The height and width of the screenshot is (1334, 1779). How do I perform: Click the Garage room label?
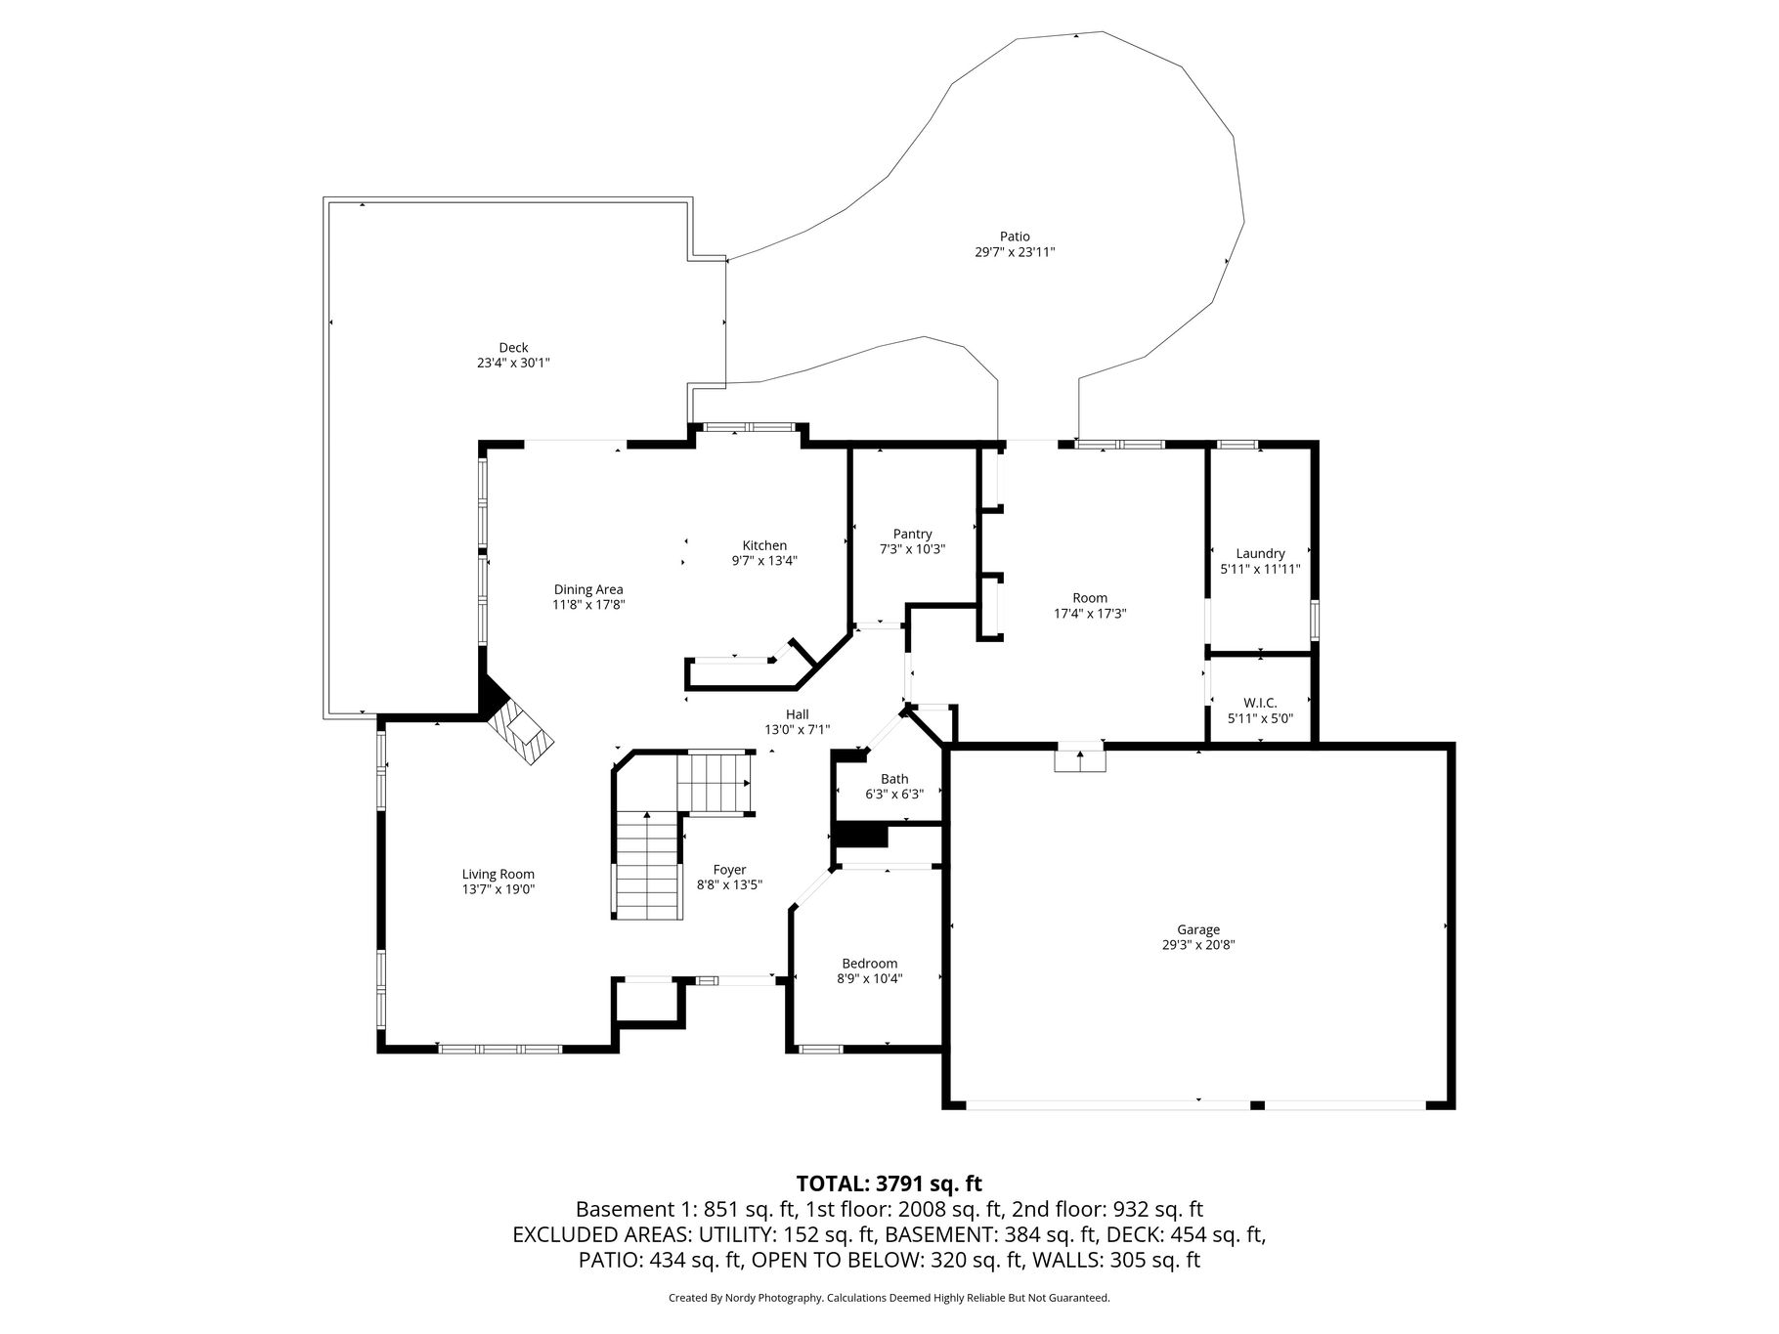coord(1197,930)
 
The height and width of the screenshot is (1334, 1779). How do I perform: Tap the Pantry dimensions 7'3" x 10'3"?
coord(912,549)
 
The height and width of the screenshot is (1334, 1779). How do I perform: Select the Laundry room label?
coord(1260,553)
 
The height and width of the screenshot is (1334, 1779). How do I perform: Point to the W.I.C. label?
coord(1260,703)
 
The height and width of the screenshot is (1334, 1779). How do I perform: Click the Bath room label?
coord(894,779)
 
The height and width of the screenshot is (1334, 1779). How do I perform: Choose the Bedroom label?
coord(869,964)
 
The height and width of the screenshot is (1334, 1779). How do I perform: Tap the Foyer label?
coord(729,870)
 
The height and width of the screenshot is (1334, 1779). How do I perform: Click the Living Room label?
coord(499,875)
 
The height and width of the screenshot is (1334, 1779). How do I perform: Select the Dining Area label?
coord(588,589)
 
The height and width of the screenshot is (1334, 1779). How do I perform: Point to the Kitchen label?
coord(764,545)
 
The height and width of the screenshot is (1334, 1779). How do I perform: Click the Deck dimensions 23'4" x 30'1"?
coord(514,363)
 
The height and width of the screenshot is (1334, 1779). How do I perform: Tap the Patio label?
coord(1015,237)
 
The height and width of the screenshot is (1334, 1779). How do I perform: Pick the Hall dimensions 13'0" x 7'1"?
coord(798,729)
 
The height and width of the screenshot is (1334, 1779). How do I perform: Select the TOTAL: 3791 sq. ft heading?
coord(889,1184)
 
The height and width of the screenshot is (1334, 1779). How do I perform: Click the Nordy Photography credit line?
coord(889,1298)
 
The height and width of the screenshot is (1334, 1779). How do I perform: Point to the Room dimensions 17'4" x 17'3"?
coord(1090,614)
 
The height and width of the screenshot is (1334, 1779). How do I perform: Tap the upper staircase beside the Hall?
coord(716,782)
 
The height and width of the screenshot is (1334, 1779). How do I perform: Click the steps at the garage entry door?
coord(1079,759)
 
